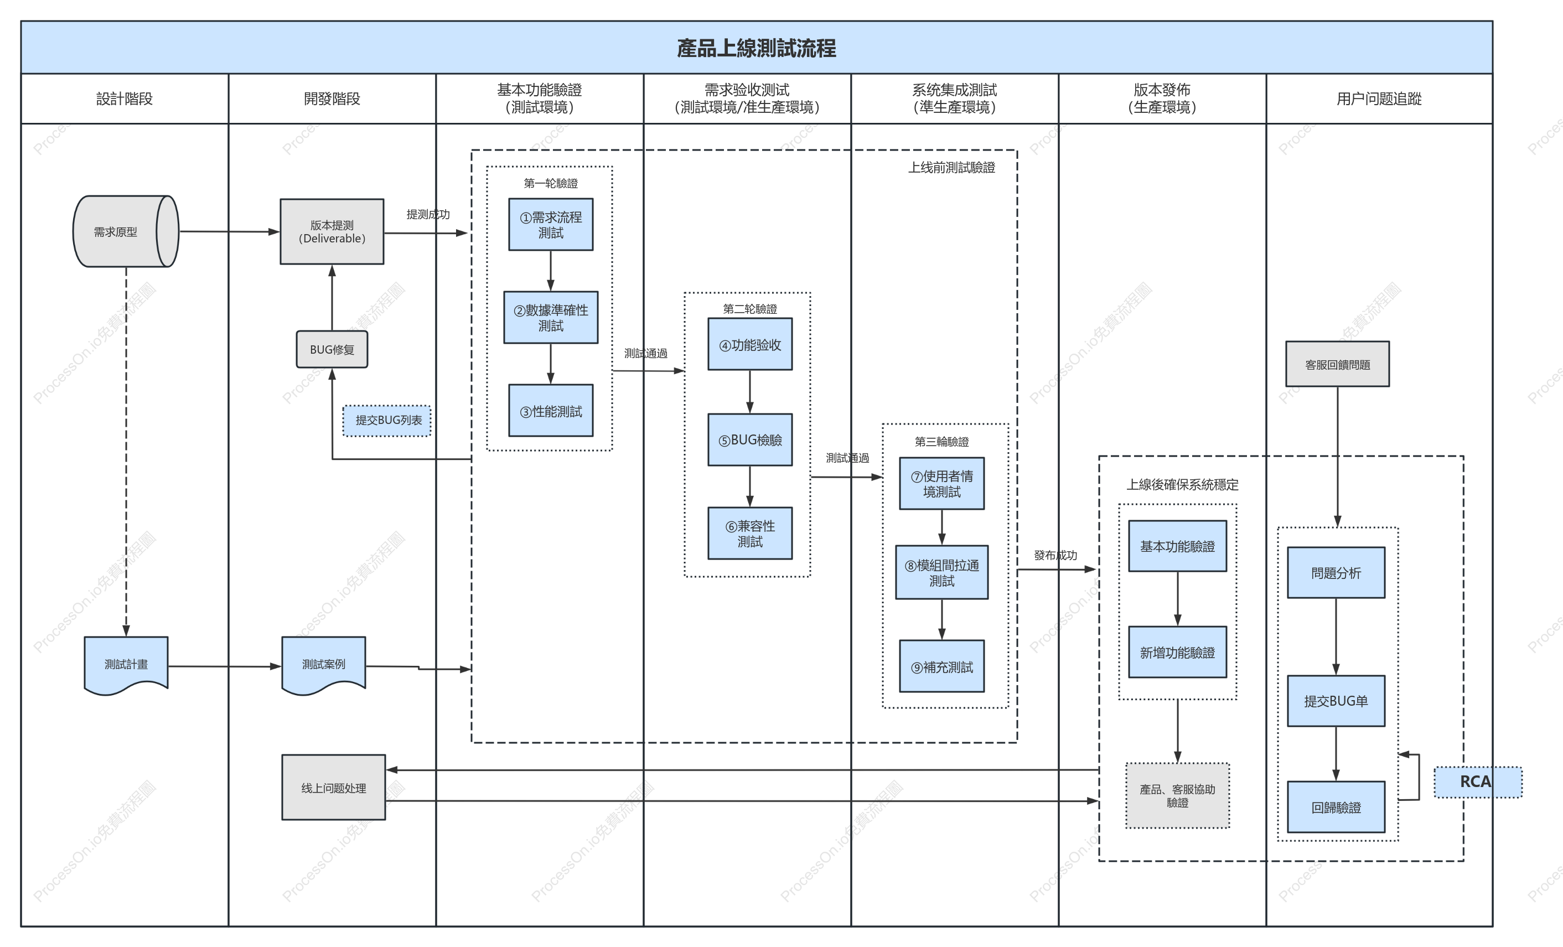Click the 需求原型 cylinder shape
126,231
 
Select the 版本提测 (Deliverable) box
332,231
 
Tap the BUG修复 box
332,349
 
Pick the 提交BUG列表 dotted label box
387,421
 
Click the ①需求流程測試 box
551,225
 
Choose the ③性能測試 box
551,410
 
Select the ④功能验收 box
750,344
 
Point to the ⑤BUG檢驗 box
750,439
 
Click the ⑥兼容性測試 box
750,533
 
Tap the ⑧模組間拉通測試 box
941,572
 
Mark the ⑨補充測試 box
941,666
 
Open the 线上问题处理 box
334,787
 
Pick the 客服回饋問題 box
1337,364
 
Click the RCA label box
1478,782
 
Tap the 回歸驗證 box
1336,807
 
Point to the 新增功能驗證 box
1177,652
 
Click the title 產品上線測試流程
756,48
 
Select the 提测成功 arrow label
428,214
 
